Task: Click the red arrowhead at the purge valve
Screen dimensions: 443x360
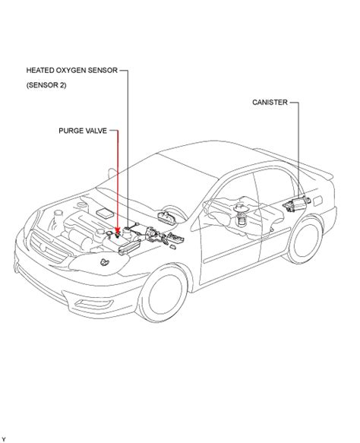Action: pos(118,228)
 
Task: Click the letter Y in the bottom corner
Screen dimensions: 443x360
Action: pos(4,438)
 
